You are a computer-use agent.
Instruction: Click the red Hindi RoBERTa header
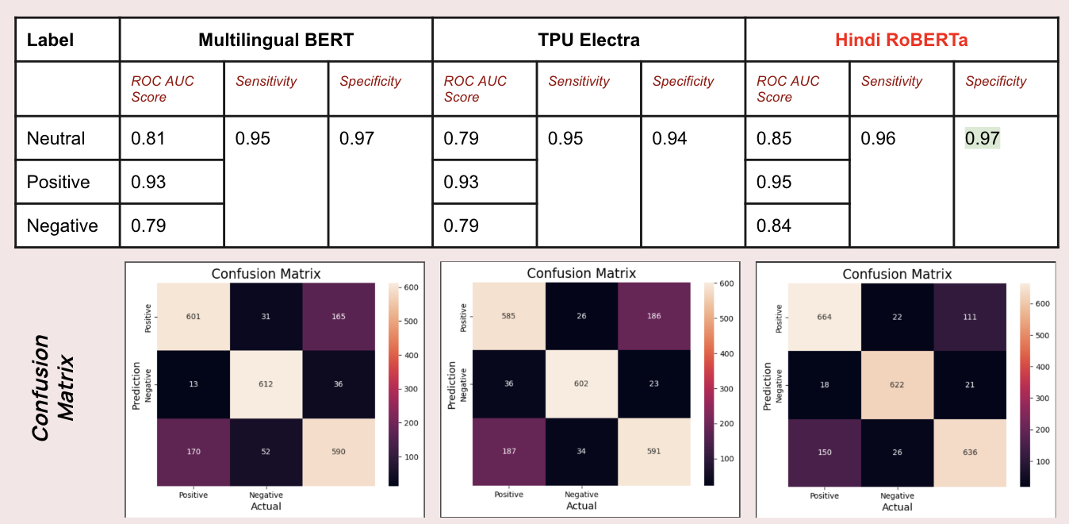pos(901,39)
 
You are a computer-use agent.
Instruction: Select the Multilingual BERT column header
pos(275,39)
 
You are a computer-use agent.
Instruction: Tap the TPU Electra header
pos(588,39)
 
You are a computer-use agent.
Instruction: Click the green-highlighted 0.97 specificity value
pos(982,138)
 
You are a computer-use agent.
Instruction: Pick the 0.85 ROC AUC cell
pos(774,138)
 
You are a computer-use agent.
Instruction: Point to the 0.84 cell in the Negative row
pos(774,225)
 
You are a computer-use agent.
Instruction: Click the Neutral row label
pos(56,138)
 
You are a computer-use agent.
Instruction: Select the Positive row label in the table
pos(59,182)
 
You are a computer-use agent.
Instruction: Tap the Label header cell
pos(50,39)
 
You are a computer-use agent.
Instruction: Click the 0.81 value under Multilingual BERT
pos(148,138)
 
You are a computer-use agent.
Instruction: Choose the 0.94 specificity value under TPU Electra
pos(669,138)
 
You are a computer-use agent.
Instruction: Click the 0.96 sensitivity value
pos(878,138)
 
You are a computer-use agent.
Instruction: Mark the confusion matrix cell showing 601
pos(193,316)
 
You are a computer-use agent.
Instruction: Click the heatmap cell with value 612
pos(266,383)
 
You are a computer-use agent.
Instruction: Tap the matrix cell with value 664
pos(825,317)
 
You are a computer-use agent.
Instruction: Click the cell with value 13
pos(193,383)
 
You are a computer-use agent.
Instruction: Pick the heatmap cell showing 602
pos(582,383)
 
